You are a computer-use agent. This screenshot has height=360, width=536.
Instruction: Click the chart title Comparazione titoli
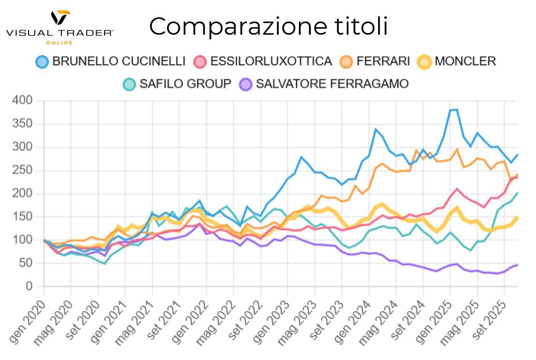268,26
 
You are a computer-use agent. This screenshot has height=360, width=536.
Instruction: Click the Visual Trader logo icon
60,18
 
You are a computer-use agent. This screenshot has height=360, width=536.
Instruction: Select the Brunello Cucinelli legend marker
42,61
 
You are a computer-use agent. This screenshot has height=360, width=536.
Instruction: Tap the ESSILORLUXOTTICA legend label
271,61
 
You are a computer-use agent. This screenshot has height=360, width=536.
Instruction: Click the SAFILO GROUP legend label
185,84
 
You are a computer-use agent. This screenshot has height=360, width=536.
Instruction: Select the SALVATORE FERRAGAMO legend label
332,84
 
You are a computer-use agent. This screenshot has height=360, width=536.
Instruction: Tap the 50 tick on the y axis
26,263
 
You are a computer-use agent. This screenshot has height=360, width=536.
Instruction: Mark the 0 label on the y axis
29,286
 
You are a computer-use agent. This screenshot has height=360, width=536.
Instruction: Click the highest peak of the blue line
456,110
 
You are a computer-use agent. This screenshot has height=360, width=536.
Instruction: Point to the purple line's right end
517,265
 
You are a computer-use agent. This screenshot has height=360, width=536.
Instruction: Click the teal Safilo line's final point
517,193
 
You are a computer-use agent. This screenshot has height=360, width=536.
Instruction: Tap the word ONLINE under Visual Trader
60,43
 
